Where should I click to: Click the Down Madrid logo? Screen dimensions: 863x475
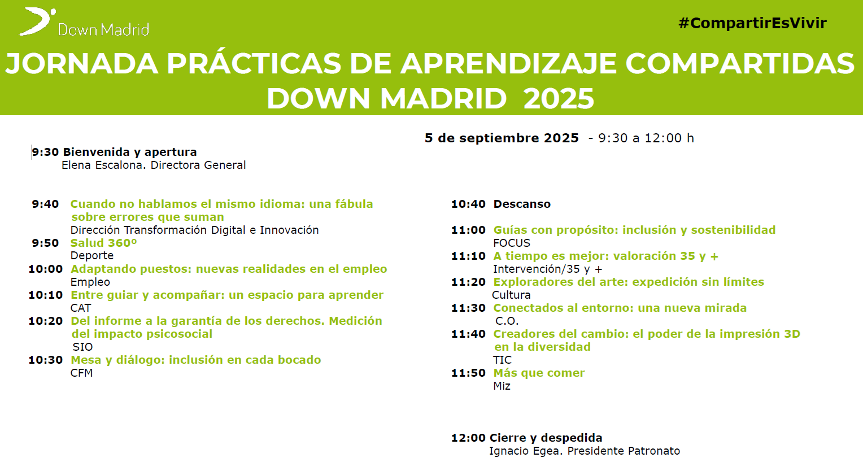(84, 23)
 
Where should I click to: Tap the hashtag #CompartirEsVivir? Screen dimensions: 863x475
(752, 23)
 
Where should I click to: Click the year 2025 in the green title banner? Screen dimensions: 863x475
(559, 99)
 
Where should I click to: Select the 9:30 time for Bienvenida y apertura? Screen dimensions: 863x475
(45, 152)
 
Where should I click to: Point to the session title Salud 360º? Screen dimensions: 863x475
(103, 243)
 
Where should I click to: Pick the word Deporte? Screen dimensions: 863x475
(92, 256)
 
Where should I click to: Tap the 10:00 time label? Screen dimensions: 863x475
(45, 269)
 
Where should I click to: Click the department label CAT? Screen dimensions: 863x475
(81, 308)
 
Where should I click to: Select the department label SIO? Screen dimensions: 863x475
(83, 347)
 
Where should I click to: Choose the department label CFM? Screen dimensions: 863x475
(82, 373)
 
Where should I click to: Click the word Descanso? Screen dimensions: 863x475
(522, 204)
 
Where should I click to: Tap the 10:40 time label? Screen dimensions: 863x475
(468, 204)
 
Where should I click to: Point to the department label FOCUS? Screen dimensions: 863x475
(512, 243)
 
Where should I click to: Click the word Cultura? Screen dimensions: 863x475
(511, 295)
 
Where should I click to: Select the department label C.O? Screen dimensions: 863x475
(507, 321)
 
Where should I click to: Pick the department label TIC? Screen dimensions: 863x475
(503, 360)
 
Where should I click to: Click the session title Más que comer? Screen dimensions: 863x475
(539, 373)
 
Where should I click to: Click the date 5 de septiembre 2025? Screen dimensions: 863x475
(502, 138)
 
